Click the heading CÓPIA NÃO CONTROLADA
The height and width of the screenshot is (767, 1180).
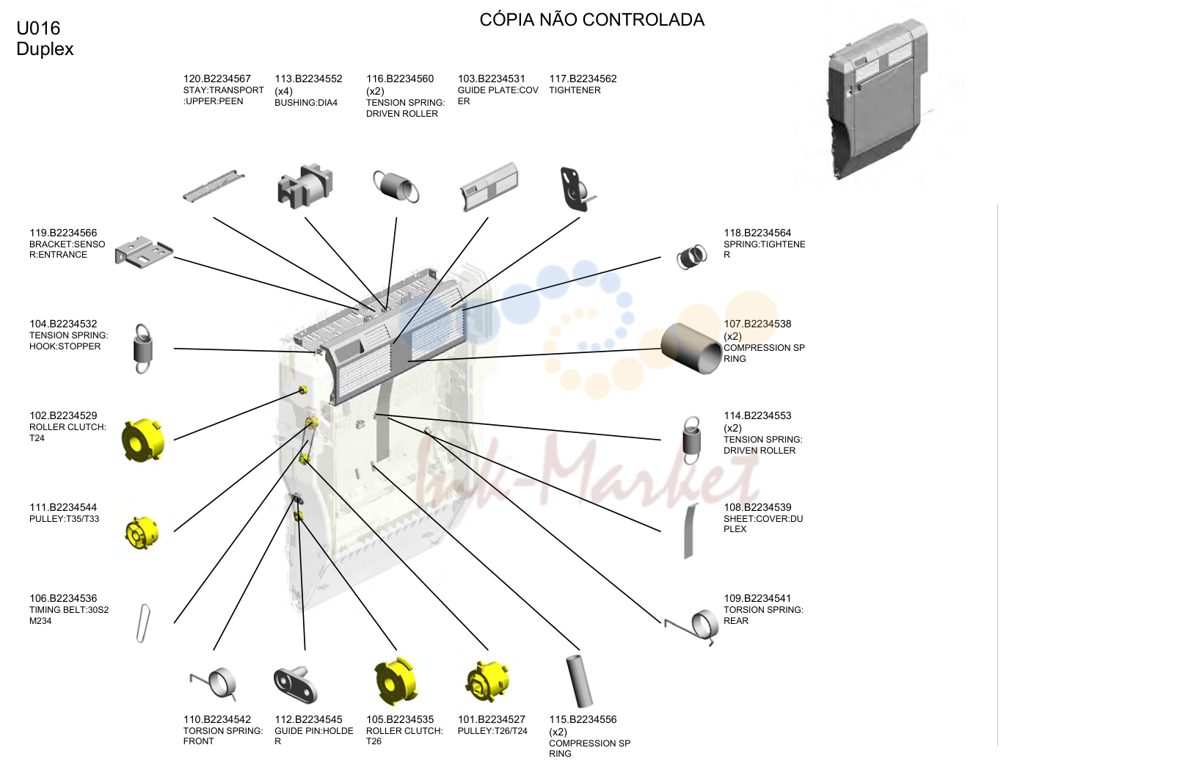point(591,20)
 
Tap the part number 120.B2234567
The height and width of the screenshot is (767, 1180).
point(217,79)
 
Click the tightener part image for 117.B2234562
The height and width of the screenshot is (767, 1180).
point(578,189)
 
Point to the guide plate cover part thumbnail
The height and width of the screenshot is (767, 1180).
point(489,187)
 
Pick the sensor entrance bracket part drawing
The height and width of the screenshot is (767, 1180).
point(144,252)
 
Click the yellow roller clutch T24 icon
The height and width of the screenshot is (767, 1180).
point(143,440)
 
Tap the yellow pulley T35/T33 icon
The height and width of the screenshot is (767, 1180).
point(142,533)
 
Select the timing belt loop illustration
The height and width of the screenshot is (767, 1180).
point(143,624)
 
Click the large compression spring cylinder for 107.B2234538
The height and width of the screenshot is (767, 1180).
point(691,348)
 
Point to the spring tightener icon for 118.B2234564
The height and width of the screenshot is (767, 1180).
point(692,257)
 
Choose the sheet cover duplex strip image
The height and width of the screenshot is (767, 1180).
point(690,531)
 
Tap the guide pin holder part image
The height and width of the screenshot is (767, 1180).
point(296,684)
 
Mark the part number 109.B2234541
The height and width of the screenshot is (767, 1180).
point(757,598)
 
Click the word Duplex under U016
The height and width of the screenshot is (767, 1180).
point(45,49)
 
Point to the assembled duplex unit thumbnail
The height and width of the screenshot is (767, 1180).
point(878,100)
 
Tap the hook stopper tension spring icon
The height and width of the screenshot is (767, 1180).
point(143,349)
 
